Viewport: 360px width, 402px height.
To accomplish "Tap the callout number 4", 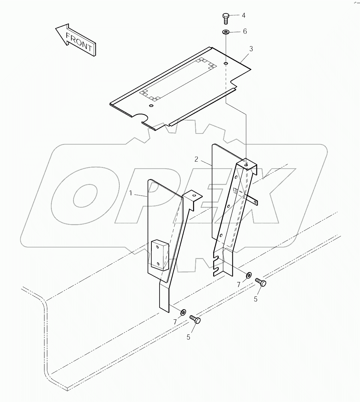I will (244, 15).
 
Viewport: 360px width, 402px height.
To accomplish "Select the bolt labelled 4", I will (226, 18).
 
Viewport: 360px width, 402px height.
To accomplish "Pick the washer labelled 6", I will (225, 32).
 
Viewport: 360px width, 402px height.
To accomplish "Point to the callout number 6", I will (245, 31).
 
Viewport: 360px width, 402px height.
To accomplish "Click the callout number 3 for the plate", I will (251, 49).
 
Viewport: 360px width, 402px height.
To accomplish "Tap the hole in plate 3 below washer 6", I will (226, 64).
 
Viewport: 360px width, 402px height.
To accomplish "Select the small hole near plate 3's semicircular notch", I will (151, 106).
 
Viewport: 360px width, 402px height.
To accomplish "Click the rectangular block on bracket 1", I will (160, 255).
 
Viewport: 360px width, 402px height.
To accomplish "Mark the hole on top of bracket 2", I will (246, 164).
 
